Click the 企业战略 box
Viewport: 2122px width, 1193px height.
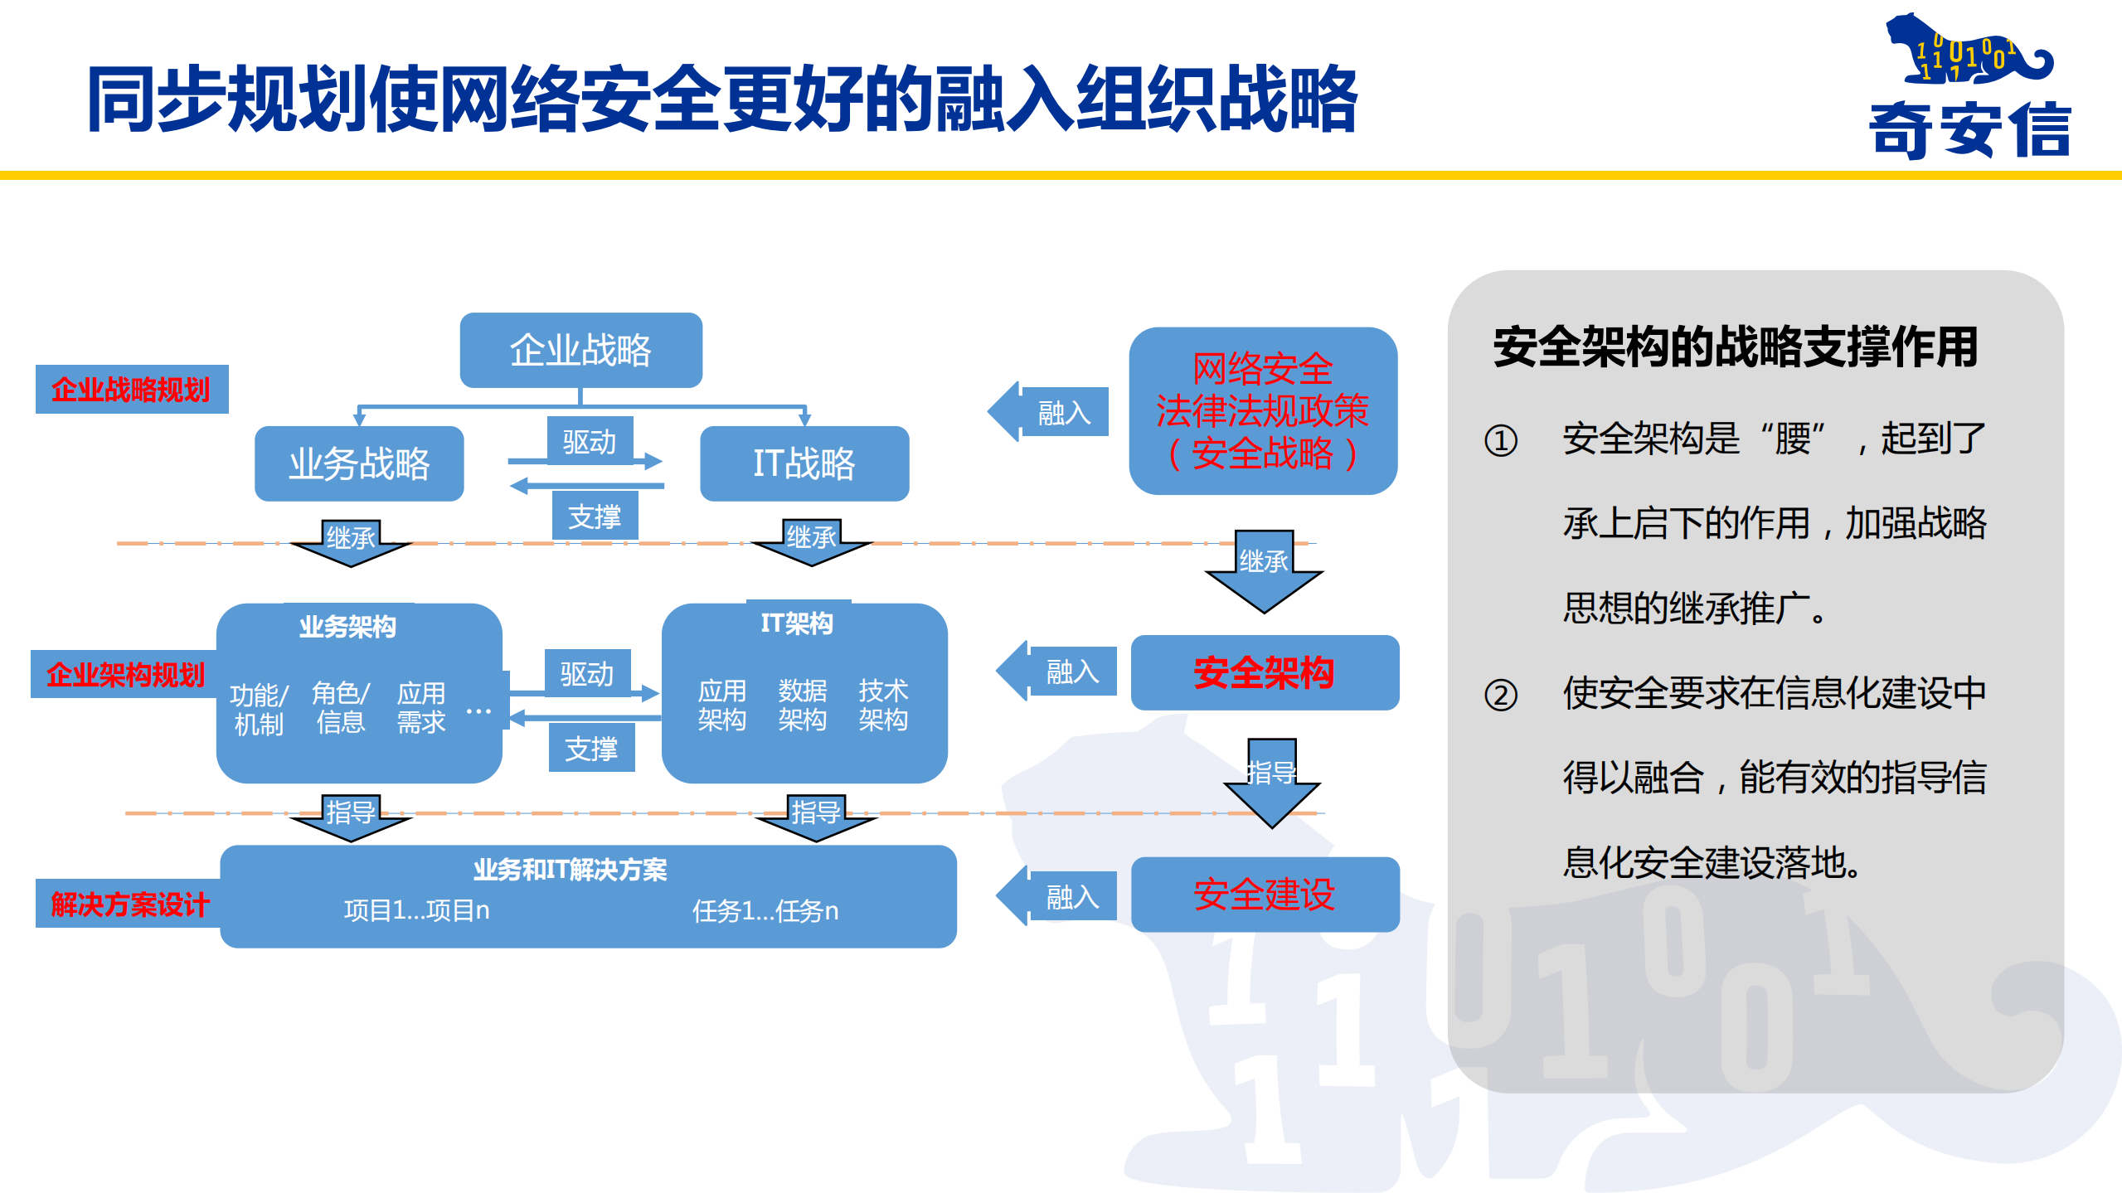tap(580, 350)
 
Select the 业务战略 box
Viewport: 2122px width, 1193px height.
tap(359, 463)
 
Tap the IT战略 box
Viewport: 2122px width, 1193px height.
tap(804, 463)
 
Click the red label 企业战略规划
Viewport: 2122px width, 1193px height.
tap(131, 389)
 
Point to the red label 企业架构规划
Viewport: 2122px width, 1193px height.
tap(125, 674)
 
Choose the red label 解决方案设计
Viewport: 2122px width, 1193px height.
tap(129, 904)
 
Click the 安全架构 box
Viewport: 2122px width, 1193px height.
tap(1264, 672)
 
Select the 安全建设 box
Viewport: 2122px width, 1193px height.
tap(1264, 895)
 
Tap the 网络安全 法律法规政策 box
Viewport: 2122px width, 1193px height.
tap(1262, 411)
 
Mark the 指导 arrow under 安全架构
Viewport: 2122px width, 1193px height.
tap(1271, 779)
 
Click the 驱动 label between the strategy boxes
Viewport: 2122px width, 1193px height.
tap(590, 441)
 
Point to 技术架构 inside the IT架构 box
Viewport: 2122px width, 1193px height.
tap(882, 705)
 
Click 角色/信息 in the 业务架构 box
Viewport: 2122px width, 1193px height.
tap(340, 707)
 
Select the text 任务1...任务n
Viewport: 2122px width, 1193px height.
tap(765, 911)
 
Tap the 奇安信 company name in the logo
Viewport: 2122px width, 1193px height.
tap(1969, 129)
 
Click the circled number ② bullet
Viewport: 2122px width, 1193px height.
tap(1500, 695)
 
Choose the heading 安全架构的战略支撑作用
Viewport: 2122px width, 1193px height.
tap(1735, 347)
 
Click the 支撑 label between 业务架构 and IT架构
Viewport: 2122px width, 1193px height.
tap(591, 749)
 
